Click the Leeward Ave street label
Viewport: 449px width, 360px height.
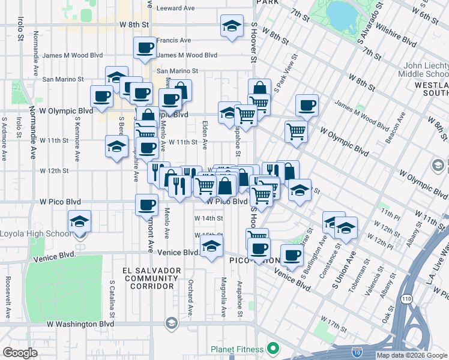pyautogui.click(x=175, y=8)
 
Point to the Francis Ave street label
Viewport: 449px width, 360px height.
pyautogui.click(x=173, y=40)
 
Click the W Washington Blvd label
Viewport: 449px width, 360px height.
pyautogui.click(x=80, y=324)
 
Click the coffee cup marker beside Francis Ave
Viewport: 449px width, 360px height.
pyautogui.click(x=145, y=48)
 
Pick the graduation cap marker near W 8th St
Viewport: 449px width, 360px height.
pyautogui.click(x=232, y=26)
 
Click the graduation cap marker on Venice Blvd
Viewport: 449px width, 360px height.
pyautogui.click(x=211, y=246)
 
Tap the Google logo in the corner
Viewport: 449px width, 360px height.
pyautogui.click(x=20, y=353)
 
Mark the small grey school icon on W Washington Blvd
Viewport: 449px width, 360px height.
pyautogui.click(x=172, y=324)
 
